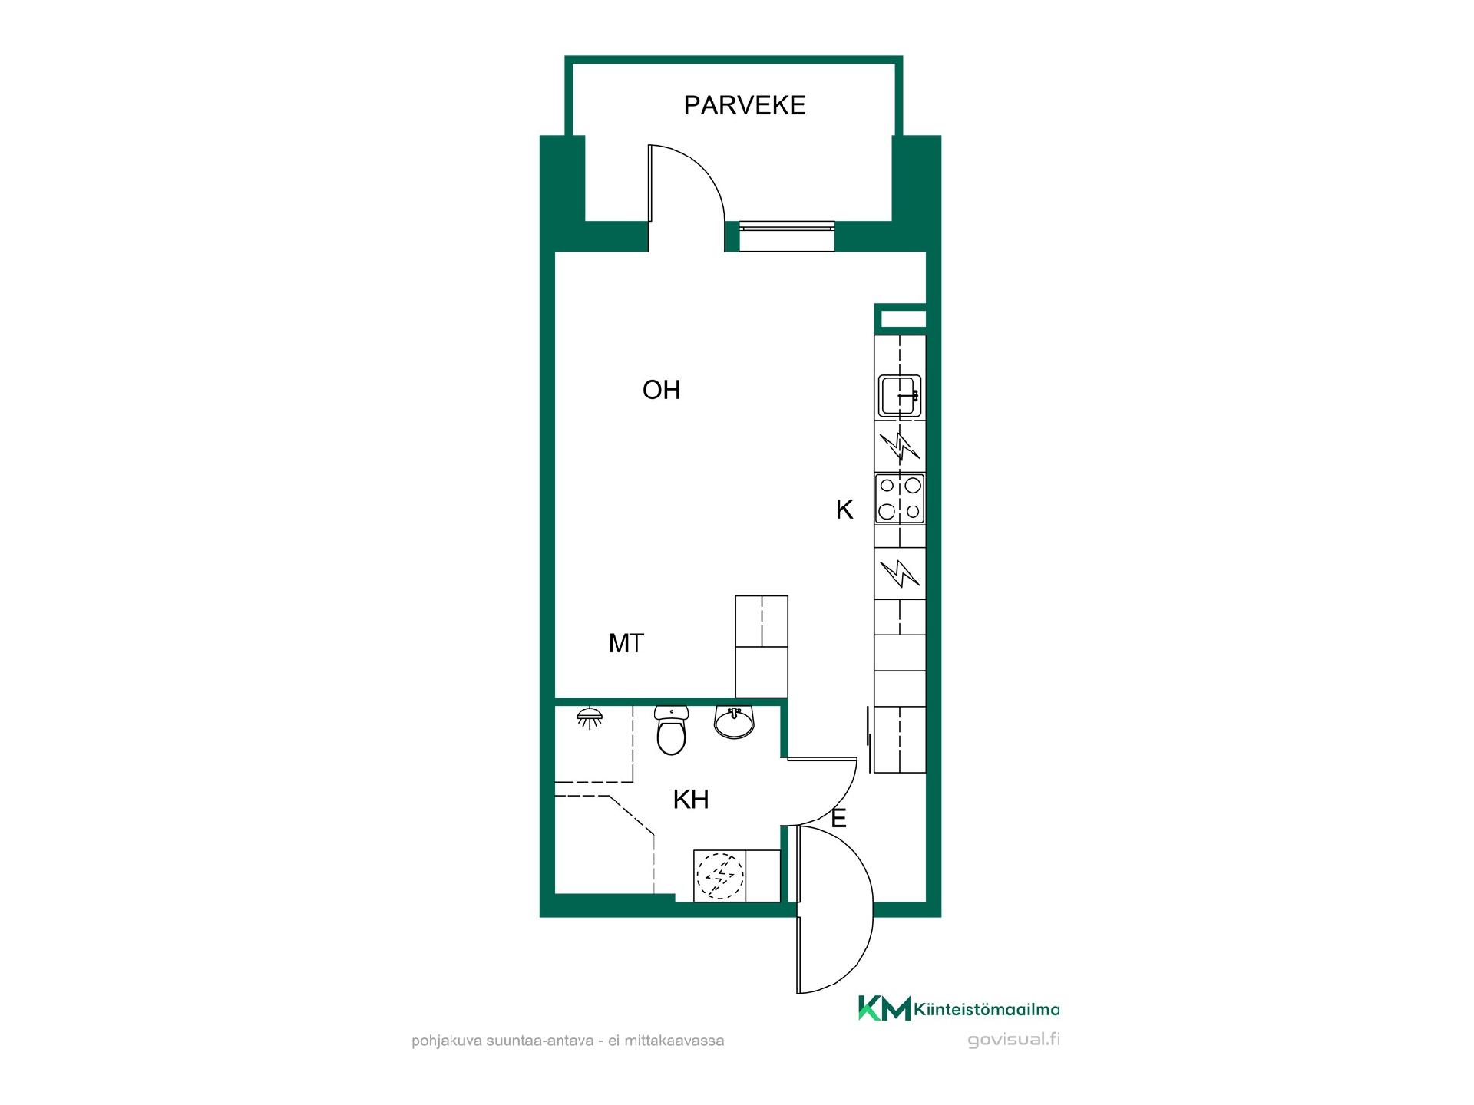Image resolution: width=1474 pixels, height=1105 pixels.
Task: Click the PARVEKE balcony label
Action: tap(745, 105)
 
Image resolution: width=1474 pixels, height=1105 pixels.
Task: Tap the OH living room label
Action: tap(661, 390)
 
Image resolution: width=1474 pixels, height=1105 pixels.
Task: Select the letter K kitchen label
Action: tap(844, 510)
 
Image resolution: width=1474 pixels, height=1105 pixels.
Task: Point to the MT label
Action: tap(626, 643)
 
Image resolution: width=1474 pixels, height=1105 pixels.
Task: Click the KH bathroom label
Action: tap(690, 800)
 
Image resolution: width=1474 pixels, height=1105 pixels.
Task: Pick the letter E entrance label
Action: tap(838, 819)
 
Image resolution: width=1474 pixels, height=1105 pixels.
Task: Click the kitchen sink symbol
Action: tap(900, 396)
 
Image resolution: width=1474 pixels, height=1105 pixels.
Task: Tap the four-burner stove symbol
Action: tap(900, 498)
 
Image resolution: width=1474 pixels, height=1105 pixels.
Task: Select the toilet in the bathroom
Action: tap(671, 731)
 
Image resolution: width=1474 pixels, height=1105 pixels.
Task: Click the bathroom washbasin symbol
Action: tap(735, 722)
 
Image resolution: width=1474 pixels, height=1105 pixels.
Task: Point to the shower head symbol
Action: tap(590, 718)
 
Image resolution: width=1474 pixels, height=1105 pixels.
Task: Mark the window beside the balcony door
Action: tap(786, 236)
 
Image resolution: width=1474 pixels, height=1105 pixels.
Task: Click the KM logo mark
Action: tap(884, 1008)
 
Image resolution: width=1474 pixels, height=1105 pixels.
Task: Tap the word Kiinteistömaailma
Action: tap(987, 1011)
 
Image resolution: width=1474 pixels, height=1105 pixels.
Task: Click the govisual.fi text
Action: tap(1014, 1041)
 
